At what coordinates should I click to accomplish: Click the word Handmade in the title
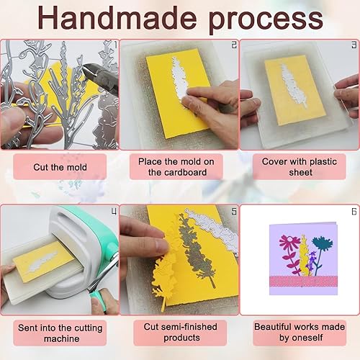[x=117, y=18]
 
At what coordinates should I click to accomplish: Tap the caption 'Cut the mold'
[x=60, y=167]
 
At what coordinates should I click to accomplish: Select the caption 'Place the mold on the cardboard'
[x=176, y=167]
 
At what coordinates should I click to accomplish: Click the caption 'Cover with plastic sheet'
[x=300, y=167]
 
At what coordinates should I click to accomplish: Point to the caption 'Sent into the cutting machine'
[x=60, y=333]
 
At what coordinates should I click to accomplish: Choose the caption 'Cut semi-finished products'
[x=181, y=332]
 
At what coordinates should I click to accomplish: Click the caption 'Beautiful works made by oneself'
[x=300, y=332]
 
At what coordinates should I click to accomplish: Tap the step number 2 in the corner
[x=234, y=45]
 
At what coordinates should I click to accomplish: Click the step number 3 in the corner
[x=354, y=45]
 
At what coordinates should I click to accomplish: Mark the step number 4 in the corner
[x=114, y=212]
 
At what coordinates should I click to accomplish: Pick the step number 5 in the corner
[x=234, y=212]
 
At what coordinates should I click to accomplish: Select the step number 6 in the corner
[x=354, y=212]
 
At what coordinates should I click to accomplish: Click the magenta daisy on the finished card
[x=289, y=243]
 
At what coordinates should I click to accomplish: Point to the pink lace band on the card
[x=304, y=282]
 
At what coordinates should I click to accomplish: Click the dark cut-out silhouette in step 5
[x=196, y=250]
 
